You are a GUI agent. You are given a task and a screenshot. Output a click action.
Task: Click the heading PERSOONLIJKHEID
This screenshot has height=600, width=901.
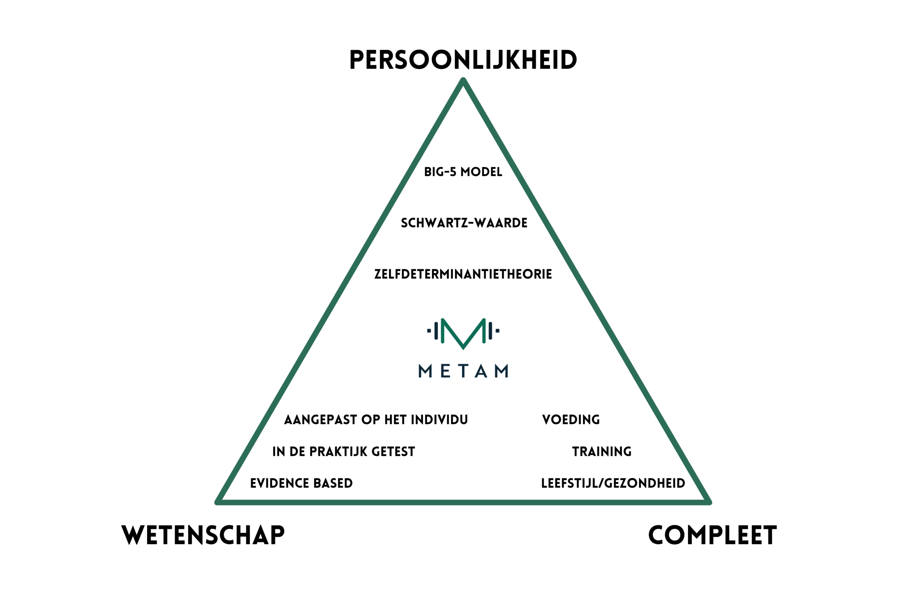click(463, 60)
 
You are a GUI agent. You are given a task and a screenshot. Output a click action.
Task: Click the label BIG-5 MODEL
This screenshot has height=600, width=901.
click(463, 172)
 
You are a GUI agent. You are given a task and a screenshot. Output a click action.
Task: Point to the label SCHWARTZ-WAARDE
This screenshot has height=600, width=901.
click(464, 223)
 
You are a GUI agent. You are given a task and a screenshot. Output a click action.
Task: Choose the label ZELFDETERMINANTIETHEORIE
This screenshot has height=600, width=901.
click(463, 274)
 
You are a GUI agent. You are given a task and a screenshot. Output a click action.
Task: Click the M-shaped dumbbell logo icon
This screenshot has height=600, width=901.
click(463, 334)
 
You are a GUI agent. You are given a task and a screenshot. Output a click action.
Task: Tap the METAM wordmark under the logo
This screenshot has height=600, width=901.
click(463, 371)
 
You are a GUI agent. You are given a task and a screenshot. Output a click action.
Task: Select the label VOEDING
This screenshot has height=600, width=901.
click(571, 420)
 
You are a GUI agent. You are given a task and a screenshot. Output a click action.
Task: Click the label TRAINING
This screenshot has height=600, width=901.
click(602, 452)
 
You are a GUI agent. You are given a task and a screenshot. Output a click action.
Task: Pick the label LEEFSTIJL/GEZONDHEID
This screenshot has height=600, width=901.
click(613, 483)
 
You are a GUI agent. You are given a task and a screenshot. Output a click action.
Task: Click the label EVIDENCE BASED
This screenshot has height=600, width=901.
click(302, 483)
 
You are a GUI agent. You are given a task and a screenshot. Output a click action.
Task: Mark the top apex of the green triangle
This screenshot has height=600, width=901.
click(463, 79)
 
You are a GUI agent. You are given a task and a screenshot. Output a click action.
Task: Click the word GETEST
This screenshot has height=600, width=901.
click(393, 452)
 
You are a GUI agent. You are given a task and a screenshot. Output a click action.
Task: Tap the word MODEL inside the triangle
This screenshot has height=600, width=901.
click(481, 172)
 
